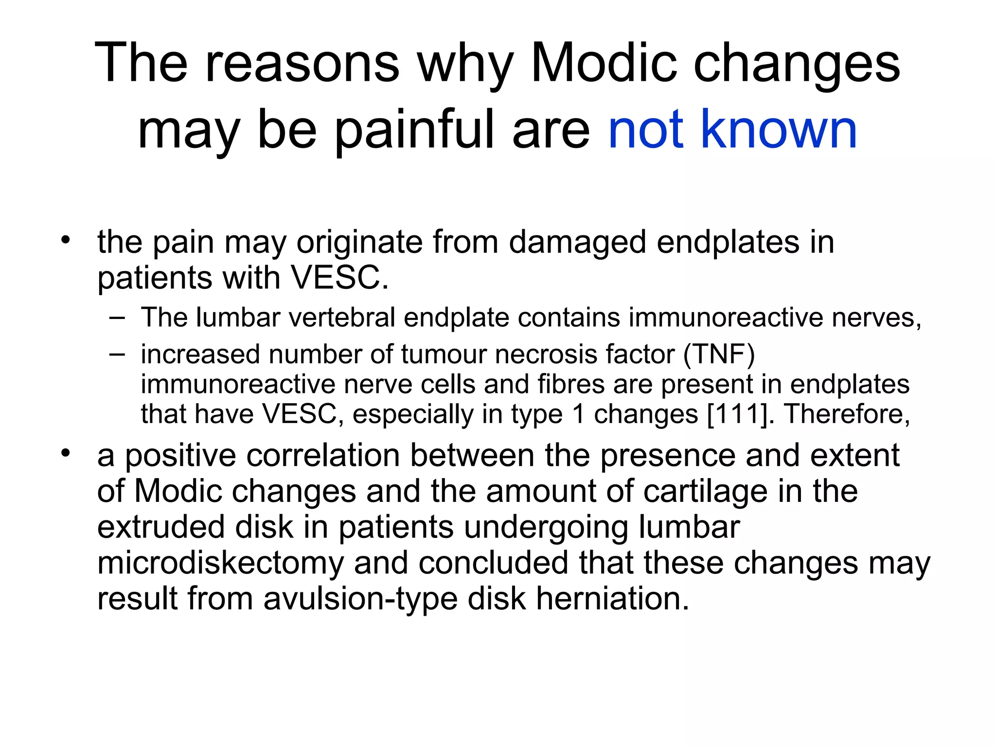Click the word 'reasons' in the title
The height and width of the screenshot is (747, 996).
coord(302,64)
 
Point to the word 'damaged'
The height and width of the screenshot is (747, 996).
coord(577,243)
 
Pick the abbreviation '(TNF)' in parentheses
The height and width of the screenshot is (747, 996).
coord(719,355)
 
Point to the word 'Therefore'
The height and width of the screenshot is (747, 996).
coord(847,414)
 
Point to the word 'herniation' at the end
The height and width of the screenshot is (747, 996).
coord(613,599)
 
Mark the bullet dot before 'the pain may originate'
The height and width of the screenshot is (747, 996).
coord(66,239)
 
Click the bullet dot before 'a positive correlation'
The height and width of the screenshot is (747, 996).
coord(66,453)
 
